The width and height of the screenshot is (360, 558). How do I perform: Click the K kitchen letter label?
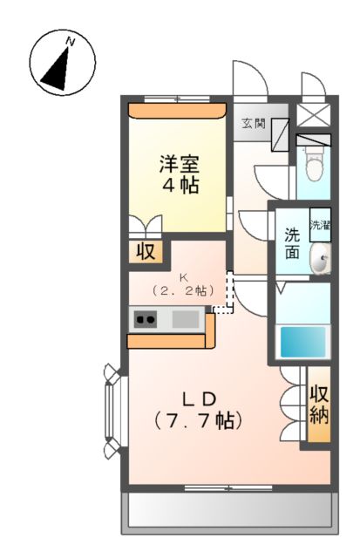click(x=184, y=278)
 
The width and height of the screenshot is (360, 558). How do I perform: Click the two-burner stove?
click(x=144, y=320)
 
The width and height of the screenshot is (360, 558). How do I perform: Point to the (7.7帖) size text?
click(x=198, y=420)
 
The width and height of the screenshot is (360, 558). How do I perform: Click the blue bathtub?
click(x=302, y=341)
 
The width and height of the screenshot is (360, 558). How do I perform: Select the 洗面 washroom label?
click(x=293, y=243)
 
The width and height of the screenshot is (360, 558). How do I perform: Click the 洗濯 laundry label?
click(x=320, y=226)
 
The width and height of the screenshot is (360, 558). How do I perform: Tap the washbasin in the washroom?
click(x=322, y=260)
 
